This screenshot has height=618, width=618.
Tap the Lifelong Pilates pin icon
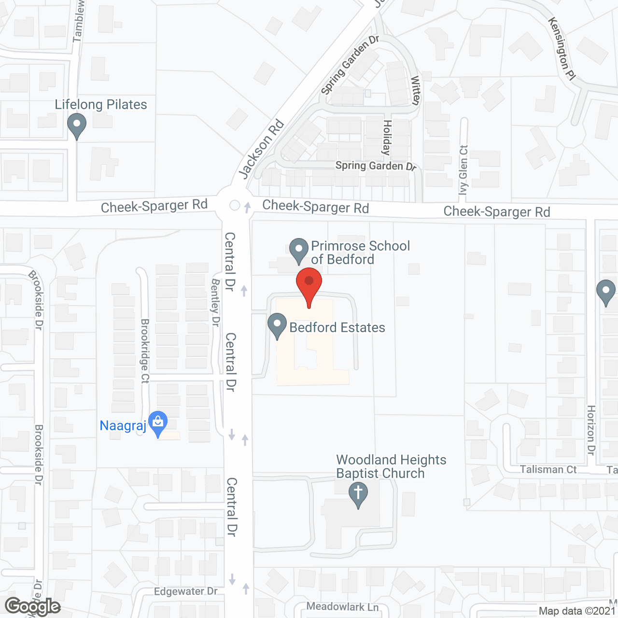point(76,125)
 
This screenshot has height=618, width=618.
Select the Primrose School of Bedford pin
point(299,250)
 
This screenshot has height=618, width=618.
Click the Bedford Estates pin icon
point(277,325)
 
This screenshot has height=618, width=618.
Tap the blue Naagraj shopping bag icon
point(157,423)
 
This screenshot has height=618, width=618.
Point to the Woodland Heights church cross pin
point(358,495)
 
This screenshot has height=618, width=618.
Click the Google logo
point(32,606)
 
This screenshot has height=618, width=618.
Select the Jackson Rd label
point(261,149)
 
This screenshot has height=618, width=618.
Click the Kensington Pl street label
point(562,49)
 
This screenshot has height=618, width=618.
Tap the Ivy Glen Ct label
point(463,169)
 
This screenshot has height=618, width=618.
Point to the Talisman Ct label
point(548,469)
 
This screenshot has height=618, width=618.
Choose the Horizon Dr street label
point(591,430)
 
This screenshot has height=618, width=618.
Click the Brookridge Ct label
point(145,351)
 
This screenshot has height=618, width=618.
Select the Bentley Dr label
point(215,302)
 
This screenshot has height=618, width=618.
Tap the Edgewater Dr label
point(186,591)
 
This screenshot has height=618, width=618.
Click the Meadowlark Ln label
point(342,606)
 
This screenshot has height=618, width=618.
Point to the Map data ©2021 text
point(577,611)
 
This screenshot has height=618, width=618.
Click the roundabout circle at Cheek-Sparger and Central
point(235,205)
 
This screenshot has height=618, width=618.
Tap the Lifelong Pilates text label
point(101,104)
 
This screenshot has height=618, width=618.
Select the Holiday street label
point(387,138)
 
